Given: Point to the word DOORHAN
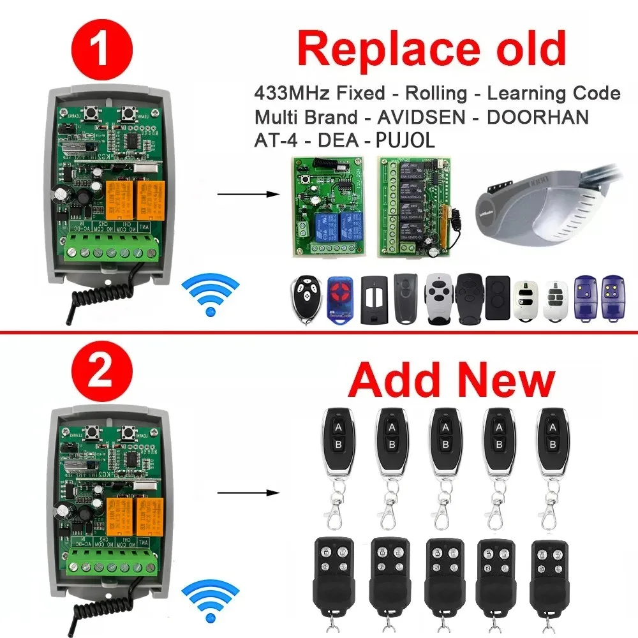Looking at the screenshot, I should [x=544, y=117].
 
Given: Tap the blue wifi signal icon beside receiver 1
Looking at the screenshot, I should [x=209, y=292].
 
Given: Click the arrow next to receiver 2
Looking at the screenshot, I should [x=247, y=493].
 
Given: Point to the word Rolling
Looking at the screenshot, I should [x=436, y=93].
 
